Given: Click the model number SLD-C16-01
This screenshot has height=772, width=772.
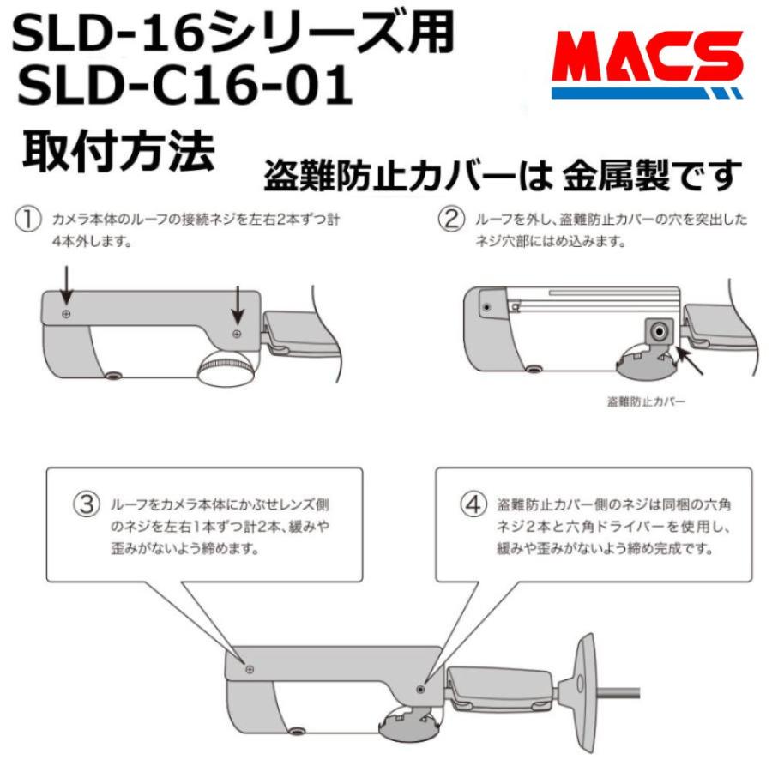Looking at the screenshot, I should (185, 87).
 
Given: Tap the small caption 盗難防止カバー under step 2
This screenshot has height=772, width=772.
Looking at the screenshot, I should (646, 401).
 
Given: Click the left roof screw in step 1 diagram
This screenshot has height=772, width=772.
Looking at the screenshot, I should (67, 315).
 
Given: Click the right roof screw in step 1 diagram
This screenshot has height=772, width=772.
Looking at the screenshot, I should (238, 331).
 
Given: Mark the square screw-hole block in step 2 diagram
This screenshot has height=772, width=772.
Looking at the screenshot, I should (658, 331).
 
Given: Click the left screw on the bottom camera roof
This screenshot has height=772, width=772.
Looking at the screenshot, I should (250, 668).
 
